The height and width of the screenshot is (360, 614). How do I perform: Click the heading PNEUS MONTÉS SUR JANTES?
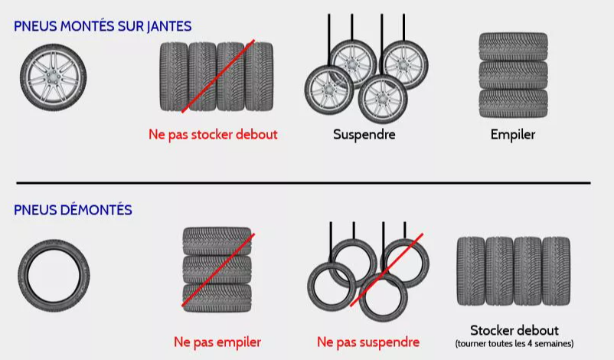pyautogui.click(x=103, y=26)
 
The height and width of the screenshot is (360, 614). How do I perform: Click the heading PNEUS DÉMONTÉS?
pyautogui.click(x=73, y=210)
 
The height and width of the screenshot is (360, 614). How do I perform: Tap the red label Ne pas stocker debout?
pyautogui.click(x=213, y=135)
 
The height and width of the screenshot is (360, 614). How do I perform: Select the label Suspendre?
pyautogui.click(x=364, y=135)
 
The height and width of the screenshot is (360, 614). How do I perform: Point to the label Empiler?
pyautogui.click(x=513, y=135)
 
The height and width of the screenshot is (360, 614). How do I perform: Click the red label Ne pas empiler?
pyautogui.click(x=217, y=342)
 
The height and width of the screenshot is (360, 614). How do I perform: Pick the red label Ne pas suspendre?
pyautogui.click(x=368, y=342)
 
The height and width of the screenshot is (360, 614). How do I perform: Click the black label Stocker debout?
pyautogui.click(x=514, y=330)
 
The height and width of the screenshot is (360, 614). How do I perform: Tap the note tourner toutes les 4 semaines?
pyautogui.click(x=514, y=344)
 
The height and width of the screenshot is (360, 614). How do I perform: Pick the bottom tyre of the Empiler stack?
pyautogui.click(x=513, y=102)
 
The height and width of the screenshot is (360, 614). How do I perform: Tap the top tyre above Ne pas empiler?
pyautogui.click(x=217, y=241)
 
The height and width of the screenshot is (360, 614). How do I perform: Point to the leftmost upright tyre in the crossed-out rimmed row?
pyautogui.click(x=174, y=77)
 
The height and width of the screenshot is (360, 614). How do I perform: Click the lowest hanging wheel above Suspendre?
pyautogui.click(x=382, y=98)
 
